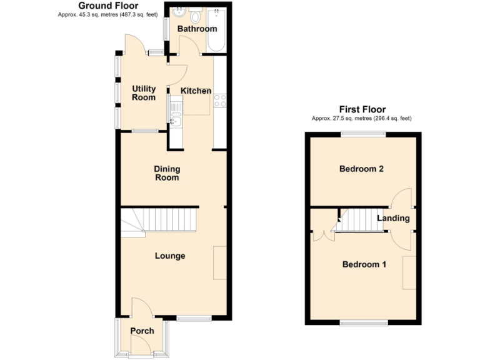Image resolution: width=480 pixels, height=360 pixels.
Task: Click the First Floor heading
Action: [362, 109]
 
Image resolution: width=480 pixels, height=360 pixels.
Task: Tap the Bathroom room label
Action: [197, 29]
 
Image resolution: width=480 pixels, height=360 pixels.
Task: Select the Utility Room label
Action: [143, 93]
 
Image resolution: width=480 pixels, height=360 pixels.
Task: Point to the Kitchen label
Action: [196, 91]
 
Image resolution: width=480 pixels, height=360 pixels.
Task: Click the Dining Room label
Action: [167, 173]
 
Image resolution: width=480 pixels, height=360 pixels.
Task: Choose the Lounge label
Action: [170, 256]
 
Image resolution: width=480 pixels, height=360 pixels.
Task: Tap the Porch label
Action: [142, 331]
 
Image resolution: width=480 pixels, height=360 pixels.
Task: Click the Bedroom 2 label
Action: [361, 169]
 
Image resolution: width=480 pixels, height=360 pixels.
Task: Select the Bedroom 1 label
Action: [364, 264]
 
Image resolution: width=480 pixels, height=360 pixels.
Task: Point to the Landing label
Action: [393, 218]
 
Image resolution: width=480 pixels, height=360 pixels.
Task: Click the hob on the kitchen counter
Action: [220, 100]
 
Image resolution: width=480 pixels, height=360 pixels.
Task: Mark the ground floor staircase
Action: [159, 222]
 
